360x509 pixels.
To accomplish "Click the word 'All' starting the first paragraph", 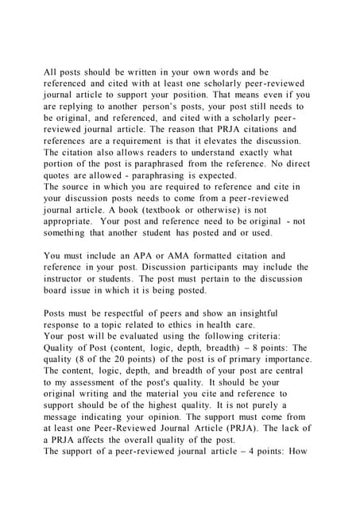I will point(51,72).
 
